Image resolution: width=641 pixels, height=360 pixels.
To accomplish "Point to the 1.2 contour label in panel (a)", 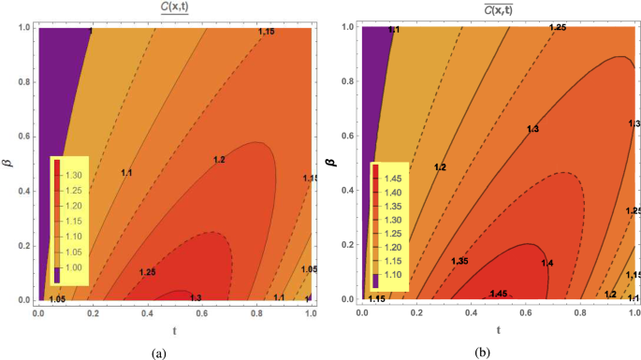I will click(193, 160).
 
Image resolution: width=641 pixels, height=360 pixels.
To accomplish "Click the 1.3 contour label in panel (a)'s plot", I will click(196, 297).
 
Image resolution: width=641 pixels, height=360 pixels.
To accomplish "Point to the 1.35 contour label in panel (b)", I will click(459, 261).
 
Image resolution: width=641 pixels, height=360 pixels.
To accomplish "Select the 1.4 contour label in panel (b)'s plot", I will click(546, 263).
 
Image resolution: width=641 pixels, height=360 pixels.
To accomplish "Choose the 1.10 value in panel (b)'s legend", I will click(397, 275).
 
